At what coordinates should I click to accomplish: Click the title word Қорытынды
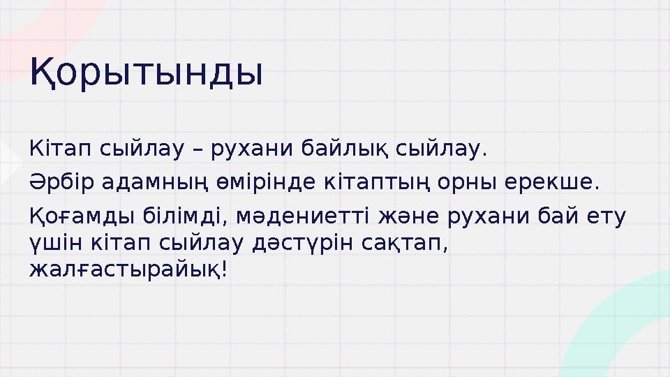pos(146,74)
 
